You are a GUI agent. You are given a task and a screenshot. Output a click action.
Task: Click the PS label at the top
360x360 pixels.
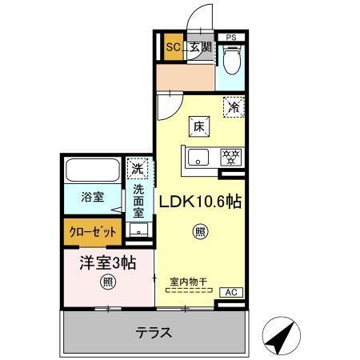coord(230,38)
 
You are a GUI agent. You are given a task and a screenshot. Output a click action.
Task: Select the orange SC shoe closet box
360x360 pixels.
coord(173,47)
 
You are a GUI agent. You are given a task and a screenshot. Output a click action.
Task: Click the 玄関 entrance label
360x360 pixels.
coord(199,47)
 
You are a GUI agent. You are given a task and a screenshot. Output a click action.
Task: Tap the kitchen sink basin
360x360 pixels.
coord(198,157)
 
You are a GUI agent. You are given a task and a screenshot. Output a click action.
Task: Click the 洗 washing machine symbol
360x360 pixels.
coord(138,169)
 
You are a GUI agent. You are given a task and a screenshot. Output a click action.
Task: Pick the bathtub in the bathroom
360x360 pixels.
coord(92,170)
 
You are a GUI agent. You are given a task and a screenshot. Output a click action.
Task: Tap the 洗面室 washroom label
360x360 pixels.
coord(138,202)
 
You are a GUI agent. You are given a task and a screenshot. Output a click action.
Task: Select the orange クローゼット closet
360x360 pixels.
coord(91,232)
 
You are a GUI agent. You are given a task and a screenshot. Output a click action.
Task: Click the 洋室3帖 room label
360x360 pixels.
coord(107,262)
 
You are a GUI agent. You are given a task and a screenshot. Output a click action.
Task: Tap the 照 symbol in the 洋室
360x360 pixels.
coord(107,281)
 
